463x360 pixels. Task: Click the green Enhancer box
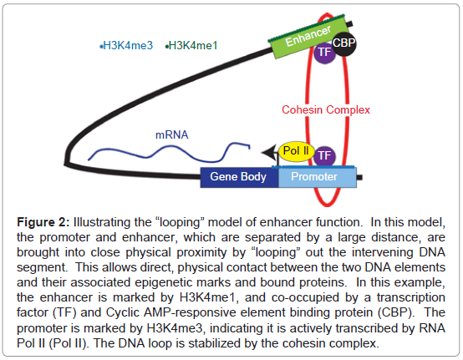click(308, 36)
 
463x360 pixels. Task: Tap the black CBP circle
click(343, 43)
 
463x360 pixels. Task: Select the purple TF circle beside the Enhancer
click(324, 53)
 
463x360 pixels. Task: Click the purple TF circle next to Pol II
click(324, 156)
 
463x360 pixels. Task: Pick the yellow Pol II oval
click(296, 151)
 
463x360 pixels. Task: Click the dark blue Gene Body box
click(239, 177)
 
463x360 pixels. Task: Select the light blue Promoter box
click(318, 177)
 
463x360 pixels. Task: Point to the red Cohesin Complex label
click(326, 109)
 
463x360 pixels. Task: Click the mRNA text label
click(172, 134)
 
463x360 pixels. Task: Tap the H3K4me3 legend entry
click(126, 45)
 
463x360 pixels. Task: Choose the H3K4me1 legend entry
click(191, 45)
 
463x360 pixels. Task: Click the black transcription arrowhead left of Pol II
click(269, 152)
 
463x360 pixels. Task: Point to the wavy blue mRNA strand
click(169, 152)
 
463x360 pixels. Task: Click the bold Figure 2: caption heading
click(43, 222)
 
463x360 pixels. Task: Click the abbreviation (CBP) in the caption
click(396, 312)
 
